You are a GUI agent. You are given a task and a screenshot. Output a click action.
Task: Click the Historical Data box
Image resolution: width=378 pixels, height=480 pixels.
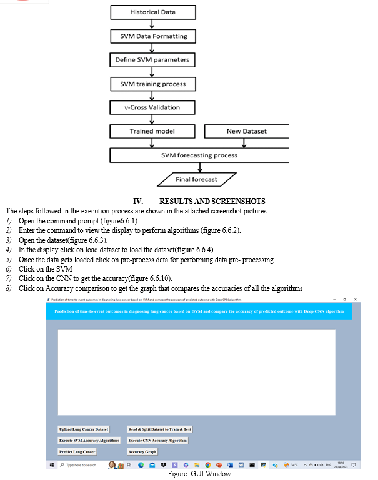click(153, 12)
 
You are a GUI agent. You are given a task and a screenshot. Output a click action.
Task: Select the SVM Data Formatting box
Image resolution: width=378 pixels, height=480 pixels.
click(153, 36)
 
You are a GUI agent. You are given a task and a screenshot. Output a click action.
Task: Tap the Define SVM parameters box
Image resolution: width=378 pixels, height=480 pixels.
click(153, 60)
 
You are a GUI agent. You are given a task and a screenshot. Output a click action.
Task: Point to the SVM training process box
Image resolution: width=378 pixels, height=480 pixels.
click(153, 84)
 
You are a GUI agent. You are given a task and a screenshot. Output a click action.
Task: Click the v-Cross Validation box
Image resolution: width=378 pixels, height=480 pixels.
click(153, 107)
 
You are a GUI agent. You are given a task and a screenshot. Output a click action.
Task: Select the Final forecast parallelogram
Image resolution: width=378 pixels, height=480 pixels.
click(196, 179)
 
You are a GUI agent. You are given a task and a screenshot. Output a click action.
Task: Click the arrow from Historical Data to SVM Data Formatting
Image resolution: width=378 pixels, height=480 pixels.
click(153, 24)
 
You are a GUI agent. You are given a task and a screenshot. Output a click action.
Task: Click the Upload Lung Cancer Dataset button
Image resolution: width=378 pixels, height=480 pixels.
click(84, 429)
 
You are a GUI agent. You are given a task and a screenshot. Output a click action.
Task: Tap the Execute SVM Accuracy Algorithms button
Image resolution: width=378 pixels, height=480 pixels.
click(89, 440)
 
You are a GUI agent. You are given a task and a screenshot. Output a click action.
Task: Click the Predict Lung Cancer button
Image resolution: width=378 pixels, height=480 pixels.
click(77, 451)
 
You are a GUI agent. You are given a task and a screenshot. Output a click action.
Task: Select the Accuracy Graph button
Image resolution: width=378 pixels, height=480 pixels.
click(142, 451)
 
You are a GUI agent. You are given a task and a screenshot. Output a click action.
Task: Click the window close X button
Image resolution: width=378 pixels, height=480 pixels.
click(355, 300)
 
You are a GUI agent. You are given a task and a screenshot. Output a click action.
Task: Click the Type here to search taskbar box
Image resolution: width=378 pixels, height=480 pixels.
click(81, 465)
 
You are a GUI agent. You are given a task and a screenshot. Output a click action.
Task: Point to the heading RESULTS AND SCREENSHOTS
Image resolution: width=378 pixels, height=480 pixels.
click(212, 202)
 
